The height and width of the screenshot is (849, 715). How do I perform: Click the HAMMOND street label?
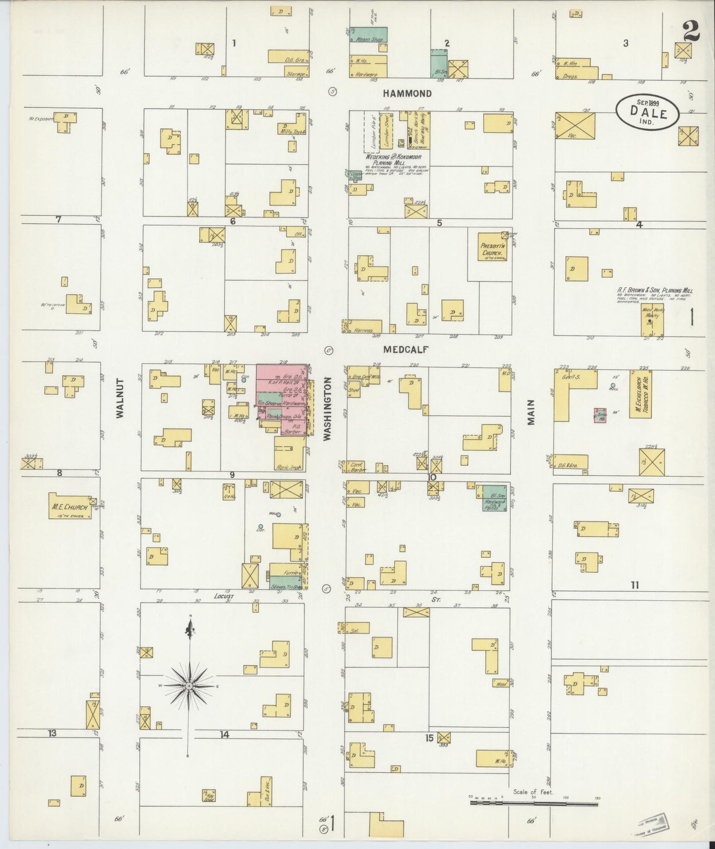coord(408,93)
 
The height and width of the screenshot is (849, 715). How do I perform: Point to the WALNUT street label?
coord(120,403)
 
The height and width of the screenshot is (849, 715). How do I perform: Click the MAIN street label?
coord(531,412)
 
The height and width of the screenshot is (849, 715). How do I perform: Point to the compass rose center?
coord(189,686)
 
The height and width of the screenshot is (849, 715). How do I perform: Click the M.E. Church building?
coord(70,506)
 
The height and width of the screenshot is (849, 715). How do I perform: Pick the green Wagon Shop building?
coord(369,34)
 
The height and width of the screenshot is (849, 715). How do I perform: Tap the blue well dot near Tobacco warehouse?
coord(613,385)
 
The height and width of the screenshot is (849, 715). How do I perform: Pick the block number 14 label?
coord(225,734)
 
